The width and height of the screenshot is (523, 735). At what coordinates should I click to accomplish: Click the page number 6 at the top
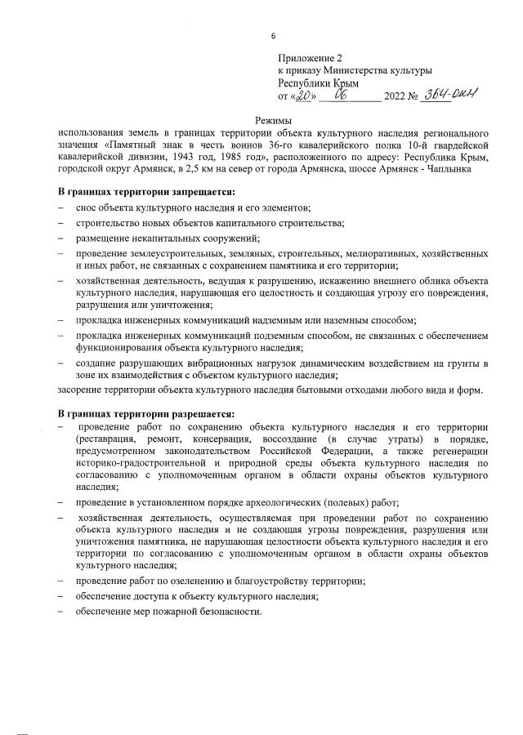coord(273,37)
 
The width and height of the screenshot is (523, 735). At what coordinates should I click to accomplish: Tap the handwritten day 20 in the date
coord(304,96)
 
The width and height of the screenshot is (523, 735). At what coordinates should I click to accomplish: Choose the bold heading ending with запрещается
coord(146,193)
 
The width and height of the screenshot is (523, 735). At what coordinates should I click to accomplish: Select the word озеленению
coord(190,581)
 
